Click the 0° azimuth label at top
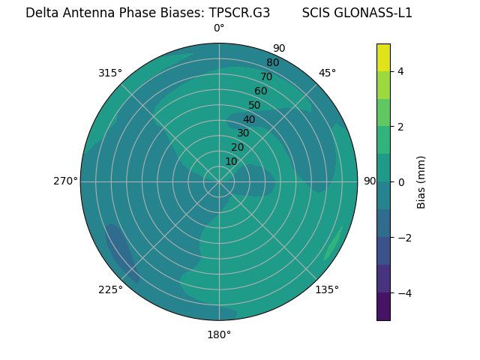(x=219, y=28)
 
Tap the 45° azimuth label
(x=327, y=73)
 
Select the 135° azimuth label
(x=327, y=289)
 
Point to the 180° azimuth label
(x=219, y=334)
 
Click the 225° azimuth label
(x=110, y=290)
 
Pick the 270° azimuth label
(x=65, y=181)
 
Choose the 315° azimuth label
(x=110, y=73)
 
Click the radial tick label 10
(x=231, y=161)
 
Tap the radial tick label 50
(x=255, y=105)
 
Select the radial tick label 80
(x=272, y=62)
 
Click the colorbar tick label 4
(x=401, y=71)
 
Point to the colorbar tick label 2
(x=401, y=127)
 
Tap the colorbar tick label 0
(x=401, y=182)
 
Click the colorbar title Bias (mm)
(x=421, y=182)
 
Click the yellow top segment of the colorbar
(x=383, y=58)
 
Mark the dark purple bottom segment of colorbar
(x=383, y=307)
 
